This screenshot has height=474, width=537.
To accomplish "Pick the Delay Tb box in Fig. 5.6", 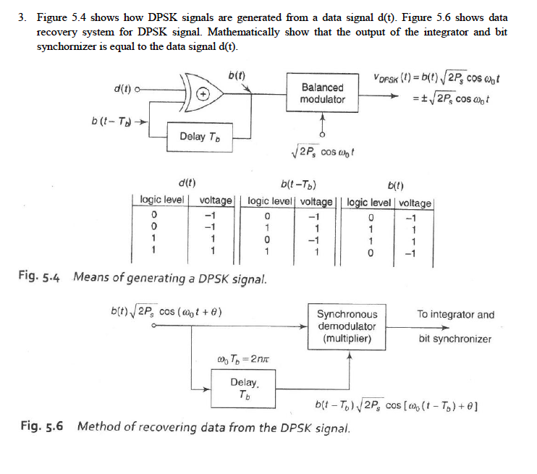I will [x=245, y=388].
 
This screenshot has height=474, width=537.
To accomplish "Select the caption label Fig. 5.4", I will [x=43, y=277].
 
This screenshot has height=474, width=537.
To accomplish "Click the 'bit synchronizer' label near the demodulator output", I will [x=454, y=339].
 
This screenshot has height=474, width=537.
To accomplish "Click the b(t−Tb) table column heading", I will [x=302, y=184].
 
